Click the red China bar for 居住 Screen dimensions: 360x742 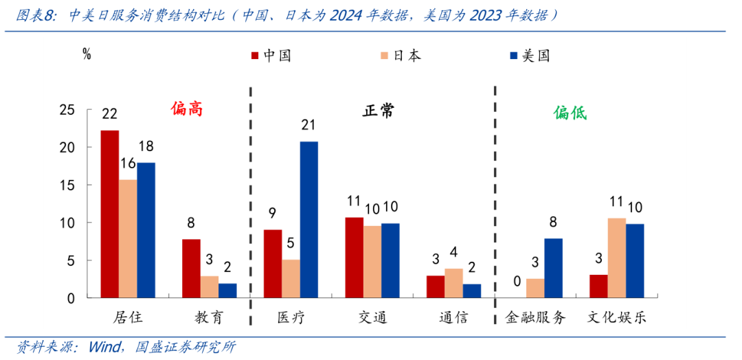[109, 214]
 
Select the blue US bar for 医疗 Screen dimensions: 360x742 [309, 220]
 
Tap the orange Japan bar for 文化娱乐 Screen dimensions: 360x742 [616, 258]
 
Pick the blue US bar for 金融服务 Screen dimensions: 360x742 [553, 268]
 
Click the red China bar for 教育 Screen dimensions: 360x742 [191, 269]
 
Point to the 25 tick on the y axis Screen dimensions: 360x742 [67, 110]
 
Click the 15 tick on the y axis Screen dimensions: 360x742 [67, 185]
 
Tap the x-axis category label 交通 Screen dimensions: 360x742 [372, 317]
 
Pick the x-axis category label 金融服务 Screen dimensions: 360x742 [535, 317]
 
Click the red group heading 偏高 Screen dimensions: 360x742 [187, 109]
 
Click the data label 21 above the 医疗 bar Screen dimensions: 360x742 [309, 125]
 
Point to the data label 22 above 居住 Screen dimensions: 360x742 [110, 114]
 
